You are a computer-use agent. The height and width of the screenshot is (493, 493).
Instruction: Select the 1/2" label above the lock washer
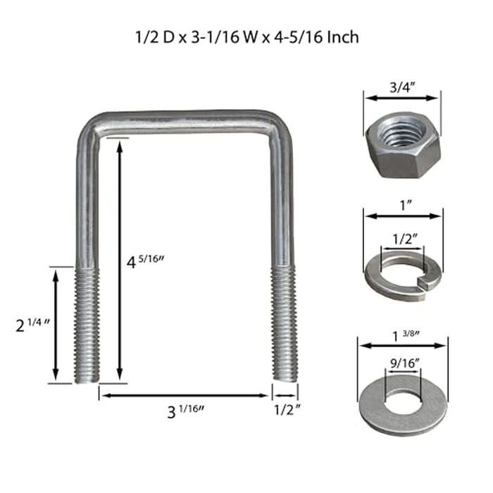(x=402, y=237)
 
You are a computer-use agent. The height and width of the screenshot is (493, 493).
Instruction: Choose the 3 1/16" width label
(x=187, y=412)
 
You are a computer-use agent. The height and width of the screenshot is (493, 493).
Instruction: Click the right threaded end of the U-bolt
(x=285, y=325)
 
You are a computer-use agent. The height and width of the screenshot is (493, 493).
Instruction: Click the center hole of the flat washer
(x=402, y=399)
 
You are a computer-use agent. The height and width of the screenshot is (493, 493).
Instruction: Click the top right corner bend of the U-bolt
(x=279, y=123)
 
